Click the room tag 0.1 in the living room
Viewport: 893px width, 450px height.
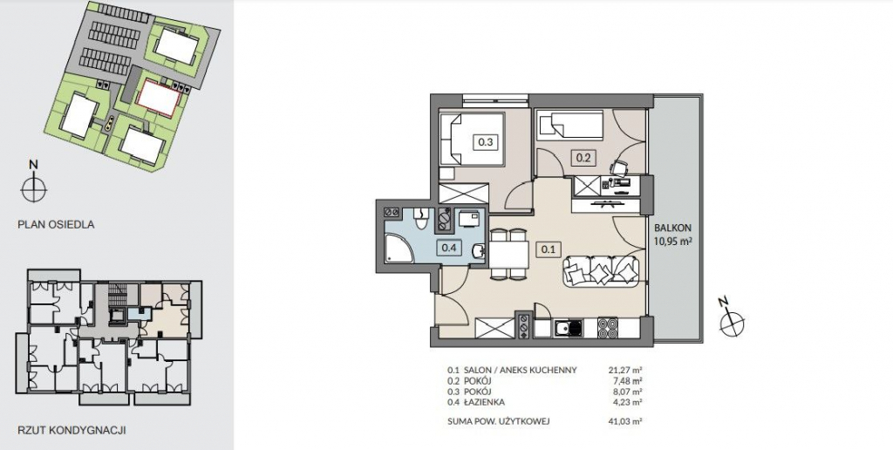point(549,249)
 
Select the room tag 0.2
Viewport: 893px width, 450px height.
point(583,159)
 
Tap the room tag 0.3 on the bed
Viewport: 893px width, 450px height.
point(486,142)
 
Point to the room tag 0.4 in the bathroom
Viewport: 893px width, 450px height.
point(449,248)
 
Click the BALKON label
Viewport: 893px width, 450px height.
point(673,228)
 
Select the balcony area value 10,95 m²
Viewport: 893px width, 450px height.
point(673,241)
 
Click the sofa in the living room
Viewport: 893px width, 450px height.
point(602,270)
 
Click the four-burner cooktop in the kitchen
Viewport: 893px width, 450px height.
point(607,328)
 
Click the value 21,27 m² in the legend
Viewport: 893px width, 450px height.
point(625,371)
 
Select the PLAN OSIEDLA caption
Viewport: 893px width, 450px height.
point(56,224)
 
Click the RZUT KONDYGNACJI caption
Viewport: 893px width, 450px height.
point(72,430)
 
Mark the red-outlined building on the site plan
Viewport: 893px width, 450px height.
point(159,98)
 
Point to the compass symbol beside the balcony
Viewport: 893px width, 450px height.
point(732,323)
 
